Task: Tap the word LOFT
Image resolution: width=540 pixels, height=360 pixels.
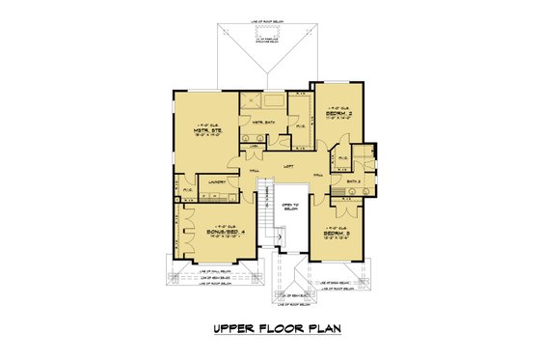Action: click(287, 165)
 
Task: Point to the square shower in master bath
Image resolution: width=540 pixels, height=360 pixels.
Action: click(250, 103)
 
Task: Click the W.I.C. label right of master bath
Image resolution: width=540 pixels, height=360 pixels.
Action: click(300, 125)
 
